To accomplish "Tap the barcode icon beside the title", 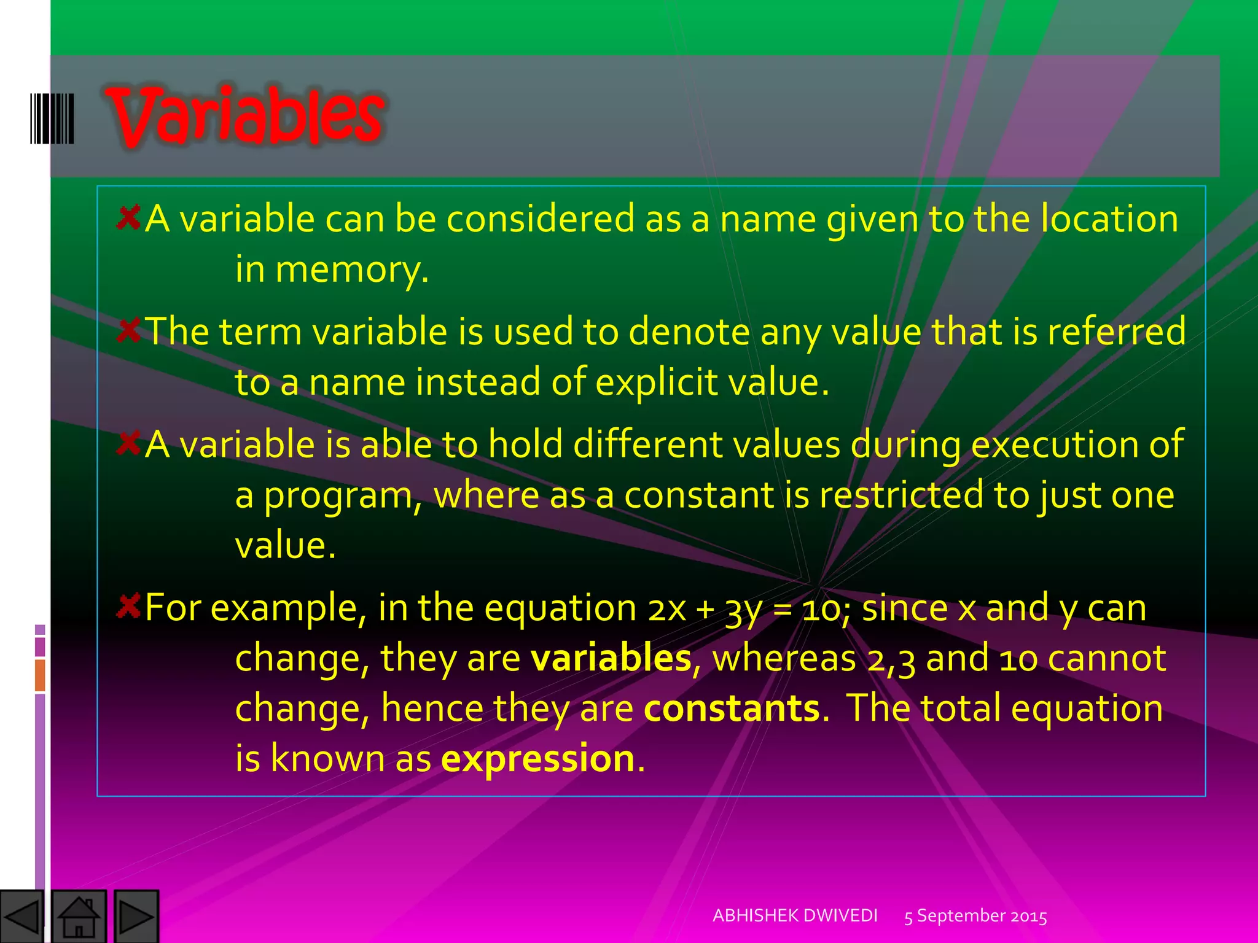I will point(52,118).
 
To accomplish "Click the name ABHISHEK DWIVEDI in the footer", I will point(795,915).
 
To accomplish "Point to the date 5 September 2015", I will point(975,916).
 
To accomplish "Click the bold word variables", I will point(611,658).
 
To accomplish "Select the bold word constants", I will point(732,708).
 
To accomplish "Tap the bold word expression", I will point(537,758).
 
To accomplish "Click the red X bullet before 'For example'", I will point(129,607).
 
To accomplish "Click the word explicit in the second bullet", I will point(657,382).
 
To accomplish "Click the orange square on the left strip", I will point(40,675).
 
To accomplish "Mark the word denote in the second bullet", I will point(689,332).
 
